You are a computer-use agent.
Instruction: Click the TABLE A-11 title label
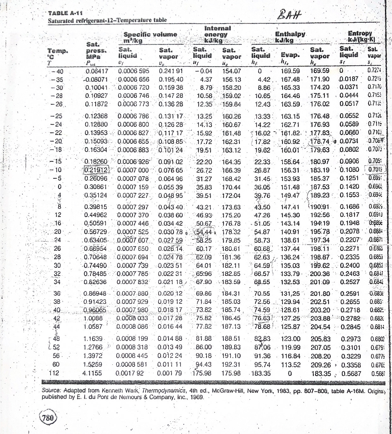tap(65, 13)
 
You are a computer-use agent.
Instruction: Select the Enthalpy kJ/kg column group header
tap(290, 37)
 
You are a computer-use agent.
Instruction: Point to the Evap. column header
tap(290, 56)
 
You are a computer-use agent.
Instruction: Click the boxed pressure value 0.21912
tap(96, 170)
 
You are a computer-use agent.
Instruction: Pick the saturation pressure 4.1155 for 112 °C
tap(92, 373)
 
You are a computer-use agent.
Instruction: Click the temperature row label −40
tap(57, 72)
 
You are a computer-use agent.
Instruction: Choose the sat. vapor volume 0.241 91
tap(171, 71)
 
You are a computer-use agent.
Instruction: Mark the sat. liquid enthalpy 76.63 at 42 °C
tap(262, 318)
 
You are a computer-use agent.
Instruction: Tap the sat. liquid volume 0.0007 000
tap(133, 170)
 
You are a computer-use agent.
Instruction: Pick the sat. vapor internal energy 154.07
tap(231, 71)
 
